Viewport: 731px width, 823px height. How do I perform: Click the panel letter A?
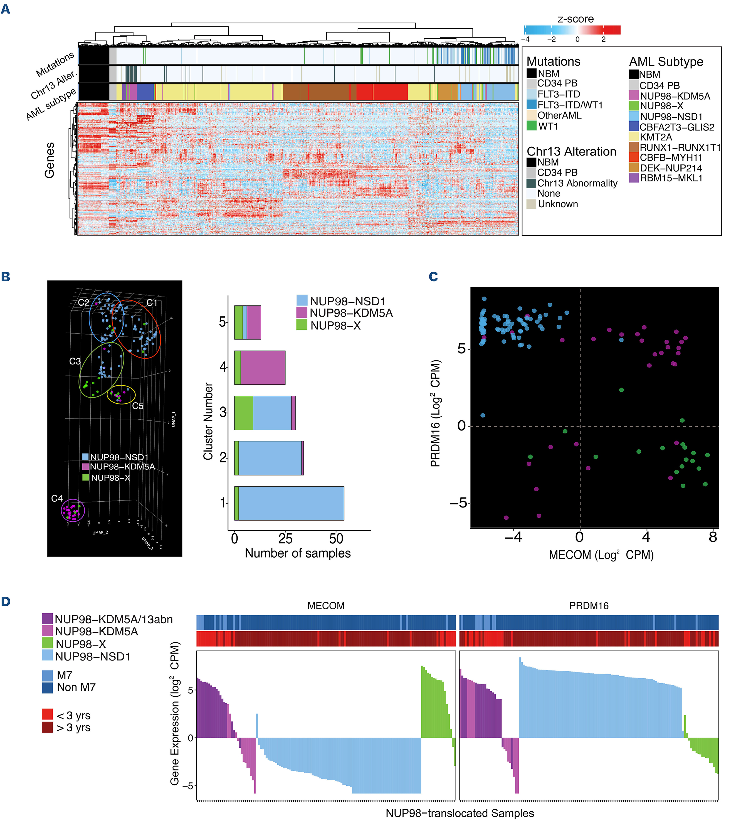(x=6, y=9)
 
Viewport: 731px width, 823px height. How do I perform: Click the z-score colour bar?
(x=572, y=30)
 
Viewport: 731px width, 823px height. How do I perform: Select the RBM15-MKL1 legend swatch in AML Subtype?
(x=634, y=178)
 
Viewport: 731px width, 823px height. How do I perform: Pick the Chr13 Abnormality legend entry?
(x=577, y=183)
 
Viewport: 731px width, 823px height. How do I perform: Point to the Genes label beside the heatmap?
(x=49, y=160)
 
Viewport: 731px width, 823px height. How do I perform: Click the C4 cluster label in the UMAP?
(x=57, y=499)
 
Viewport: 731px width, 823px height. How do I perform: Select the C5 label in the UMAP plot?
(x=138, y=406)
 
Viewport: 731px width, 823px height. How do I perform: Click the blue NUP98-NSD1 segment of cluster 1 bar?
(x=291, y=503)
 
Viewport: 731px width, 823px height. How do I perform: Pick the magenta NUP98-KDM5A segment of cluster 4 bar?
(x=263, y=368)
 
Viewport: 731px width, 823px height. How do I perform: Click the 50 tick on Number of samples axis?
(x=336, y=539)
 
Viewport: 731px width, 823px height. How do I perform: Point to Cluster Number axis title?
(x=208, y=421)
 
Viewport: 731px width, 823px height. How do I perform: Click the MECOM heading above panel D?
(x=326, y=606)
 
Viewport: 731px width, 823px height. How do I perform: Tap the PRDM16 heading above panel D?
(x=589, y=606)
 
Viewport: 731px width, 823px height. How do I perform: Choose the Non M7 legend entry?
(x=76, y=687)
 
